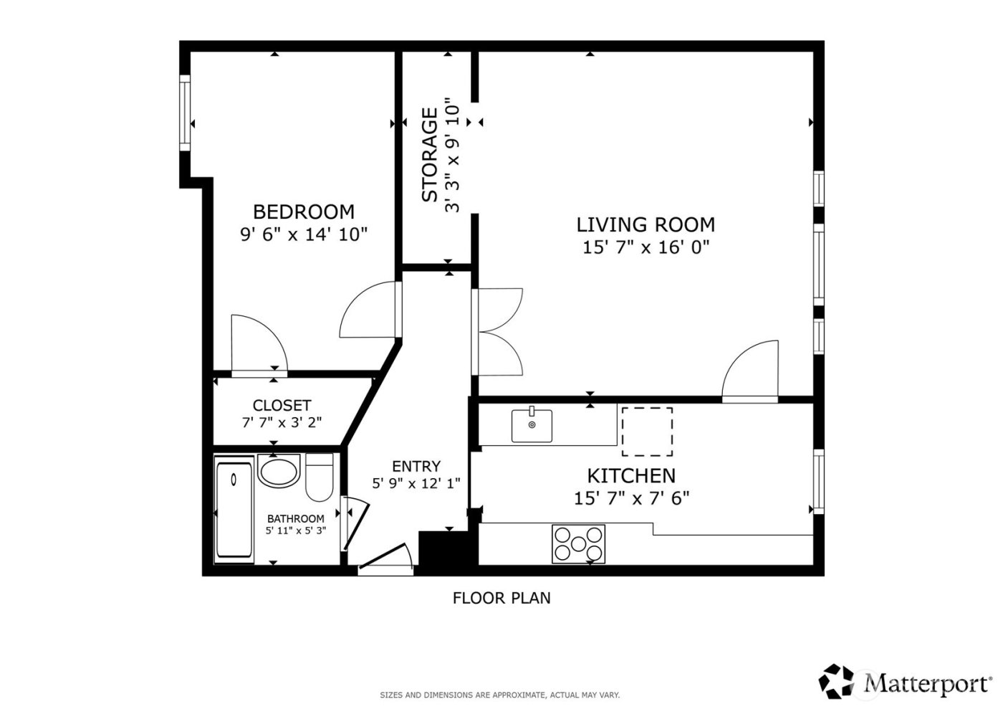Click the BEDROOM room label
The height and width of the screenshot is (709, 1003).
(x=303, y=211)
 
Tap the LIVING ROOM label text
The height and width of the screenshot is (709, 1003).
(x=646, y=224)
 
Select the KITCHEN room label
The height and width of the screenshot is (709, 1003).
(x=631, y=475)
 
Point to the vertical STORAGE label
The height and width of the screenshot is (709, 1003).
(x=429, y=155)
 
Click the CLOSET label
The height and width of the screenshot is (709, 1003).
(x=282, y=406)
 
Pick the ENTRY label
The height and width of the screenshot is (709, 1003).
(x=416, y=466)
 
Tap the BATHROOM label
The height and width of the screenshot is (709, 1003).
(x=295, y=518)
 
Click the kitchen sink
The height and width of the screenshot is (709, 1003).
(x=532, y=425)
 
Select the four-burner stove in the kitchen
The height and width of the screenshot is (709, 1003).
(x=578, y=543)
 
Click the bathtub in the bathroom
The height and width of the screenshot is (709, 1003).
(x=234, y=510)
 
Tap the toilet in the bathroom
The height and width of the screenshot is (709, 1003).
(x=320, y=477)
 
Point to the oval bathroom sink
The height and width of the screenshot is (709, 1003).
(x=278, y=472)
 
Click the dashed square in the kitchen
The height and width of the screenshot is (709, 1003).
(x=646, y=432)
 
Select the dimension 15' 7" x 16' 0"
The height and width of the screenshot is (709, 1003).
(x=646, y=248)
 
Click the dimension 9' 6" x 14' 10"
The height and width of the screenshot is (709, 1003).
(x=303, y=234)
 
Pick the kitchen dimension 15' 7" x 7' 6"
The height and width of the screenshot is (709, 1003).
(x=631, y=498)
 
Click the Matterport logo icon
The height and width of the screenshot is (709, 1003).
(x=837, y=681)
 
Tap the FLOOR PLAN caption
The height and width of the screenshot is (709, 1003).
(x=501, y=597)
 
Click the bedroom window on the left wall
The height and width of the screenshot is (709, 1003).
(x=185, y=112)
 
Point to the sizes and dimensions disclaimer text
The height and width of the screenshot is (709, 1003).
(x=499, y=695)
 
